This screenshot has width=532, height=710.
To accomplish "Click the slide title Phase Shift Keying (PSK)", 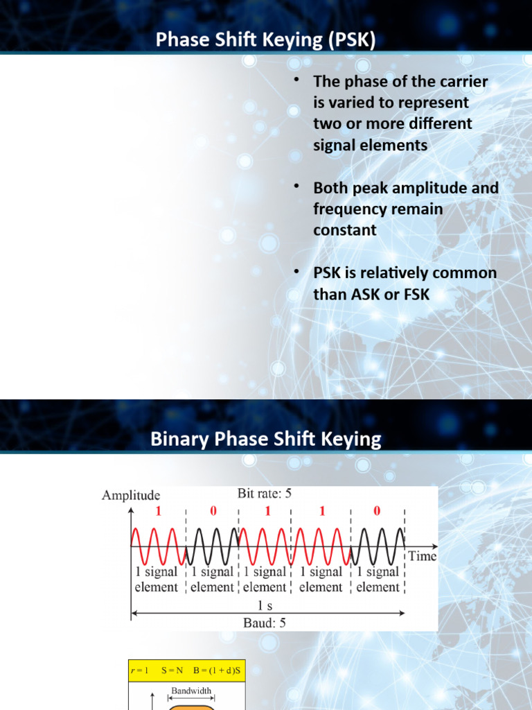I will pos(265,41).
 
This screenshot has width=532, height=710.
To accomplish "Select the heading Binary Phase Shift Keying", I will pos(265,439).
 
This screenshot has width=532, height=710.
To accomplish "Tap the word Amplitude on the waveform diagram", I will pos(131,495).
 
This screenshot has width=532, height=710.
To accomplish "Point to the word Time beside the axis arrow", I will pos(422,556).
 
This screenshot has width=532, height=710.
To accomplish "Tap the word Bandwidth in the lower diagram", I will pos(190,691).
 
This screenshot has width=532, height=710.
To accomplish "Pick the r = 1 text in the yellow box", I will pos(140,671).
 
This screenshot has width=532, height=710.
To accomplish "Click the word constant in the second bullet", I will pos(345,230).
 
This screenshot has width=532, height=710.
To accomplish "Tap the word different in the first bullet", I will pos(436,124).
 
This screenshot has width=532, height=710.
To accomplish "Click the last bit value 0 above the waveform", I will pos(377,511).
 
